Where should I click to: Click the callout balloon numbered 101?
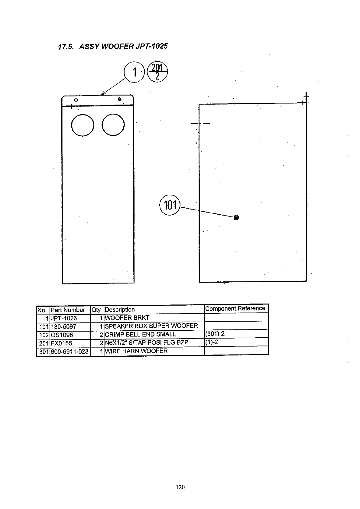click(x=170, y=206)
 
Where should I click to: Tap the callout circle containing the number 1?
click(x=135, y=73)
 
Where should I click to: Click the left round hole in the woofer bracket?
click(x=82, y=125)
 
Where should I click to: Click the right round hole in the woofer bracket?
click(x=113, y=125)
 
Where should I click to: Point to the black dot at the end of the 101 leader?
click(x=236, y=217)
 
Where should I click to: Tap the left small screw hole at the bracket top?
click(x=76, y=100)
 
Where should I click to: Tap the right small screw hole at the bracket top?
click(x=119, y=99)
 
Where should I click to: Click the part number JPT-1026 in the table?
click(x=64, y=318)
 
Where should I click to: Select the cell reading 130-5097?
click(x=63, y=327)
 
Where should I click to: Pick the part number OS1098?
click(x=62, y=335)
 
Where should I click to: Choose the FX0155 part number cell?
click(x=62, y=343)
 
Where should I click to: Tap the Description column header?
click(x=120, y=310)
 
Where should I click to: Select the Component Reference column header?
click(x=235, y=308)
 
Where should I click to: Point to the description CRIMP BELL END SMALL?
click(x=140, y=334)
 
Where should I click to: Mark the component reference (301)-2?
click(x=215, y=334)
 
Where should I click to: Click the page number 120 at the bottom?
click(x=180, y=487)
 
